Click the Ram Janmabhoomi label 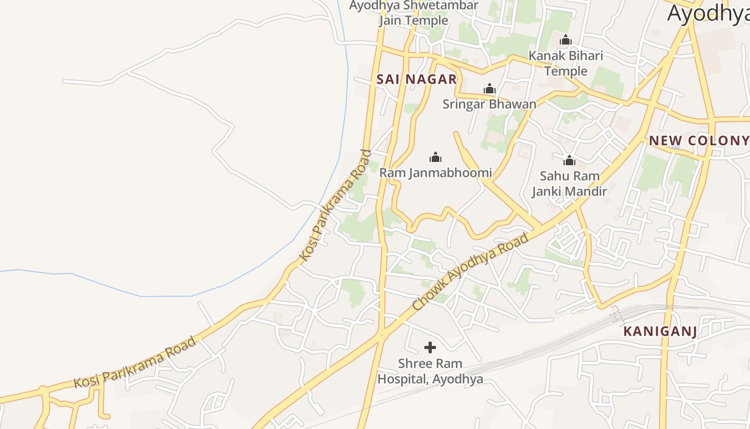coord(435,173)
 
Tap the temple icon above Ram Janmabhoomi coord(436,157)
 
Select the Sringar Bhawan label coord(489,104)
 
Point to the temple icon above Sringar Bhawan coord(489,88)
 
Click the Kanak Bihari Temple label coord(566,63)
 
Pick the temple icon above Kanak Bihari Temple coord(566,40)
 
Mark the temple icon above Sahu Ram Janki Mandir coord(569,160)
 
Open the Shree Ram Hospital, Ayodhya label coord(430,371)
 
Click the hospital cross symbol coord(430,347)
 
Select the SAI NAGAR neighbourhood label coord(416,79)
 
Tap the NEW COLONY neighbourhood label coord(699,141)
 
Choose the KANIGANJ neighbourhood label coord(660,331)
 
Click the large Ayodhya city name coord(708,14)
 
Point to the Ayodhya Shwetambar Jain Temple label coord(414,13)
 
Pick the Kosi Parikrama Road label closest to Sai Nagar coord(335,206)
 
